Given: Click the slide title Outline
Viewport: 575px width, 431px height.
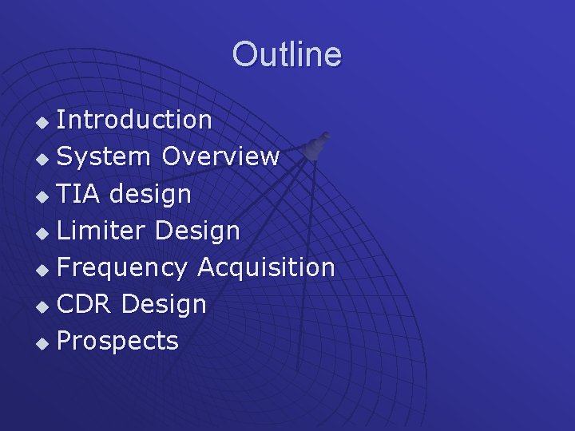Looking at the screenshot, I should tap(287, 55).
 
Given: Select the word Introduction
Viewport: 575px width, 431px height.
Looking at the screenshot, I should tap(134, 120).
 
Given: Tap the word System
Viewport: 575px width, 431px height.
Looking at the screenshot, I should tap(104, 157).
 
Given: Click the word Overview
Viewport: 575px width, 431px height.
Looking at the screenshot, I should tap(220, 156).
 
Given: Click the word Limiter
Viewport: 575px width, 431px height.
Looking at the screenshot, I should tap(102, 231).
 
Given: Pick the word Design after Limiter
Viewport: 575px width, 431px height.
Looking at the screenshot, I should tap(198, 231).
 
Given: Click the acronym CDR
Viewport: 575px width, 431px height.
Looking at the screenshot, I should tap(85, 304).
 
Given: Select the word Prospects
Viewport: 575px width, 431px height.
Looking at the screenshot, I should tap(118, 342).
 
